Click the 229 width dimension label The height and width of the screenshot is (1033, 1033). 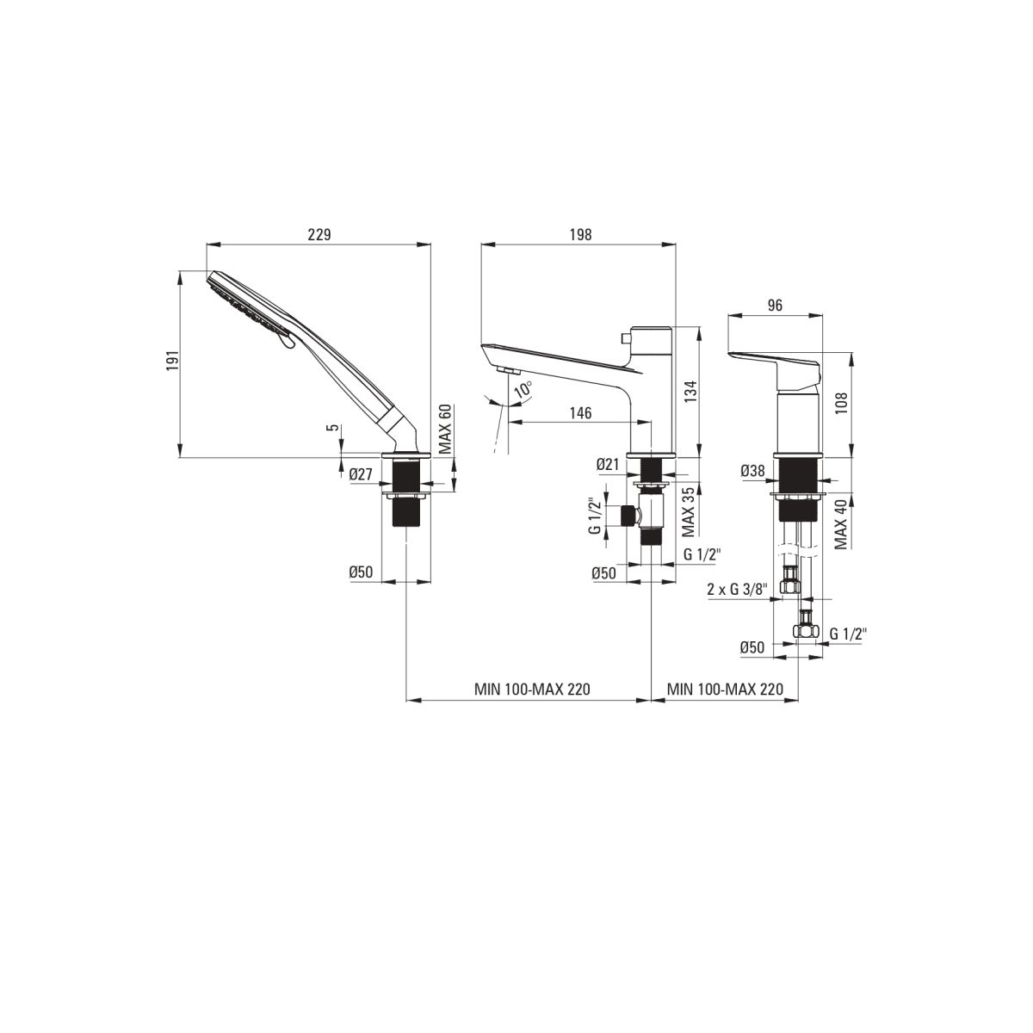click(x=319, y=234)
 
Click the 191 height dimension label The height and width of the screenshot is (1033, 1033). click(x=172, y=362)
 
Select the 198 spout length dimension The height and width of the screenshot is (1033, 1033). click(x=580, y=234)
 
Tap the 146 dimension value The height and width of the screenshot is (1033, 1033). click(x=580, y=413)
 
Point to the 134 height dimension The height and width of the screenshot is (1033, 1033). click(x=691, y=392)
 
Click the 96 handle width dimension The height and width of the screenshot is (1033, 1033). click(x=775, y=305)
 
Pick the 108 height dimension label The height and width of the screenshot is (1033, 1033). click(x=842, y=403)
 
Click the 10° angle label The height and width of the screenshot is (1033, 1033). click(x=523, y=390)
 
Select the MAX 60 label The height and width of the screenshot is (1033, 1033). click(x=446, y=430)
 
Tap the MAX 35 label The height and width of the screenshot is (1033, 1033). click(x=689, y=511)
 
